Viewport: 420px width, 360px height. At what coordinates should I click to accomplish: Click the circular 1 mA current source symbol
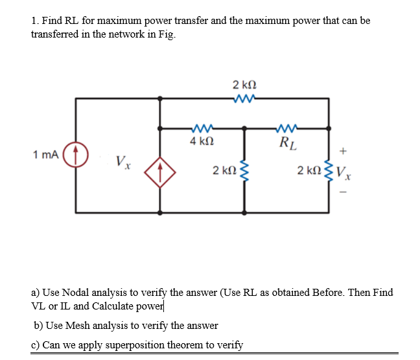(76, 155)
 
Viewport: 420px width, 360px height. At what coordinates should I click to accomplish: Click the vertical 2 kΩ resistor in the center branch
(244, 171)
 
